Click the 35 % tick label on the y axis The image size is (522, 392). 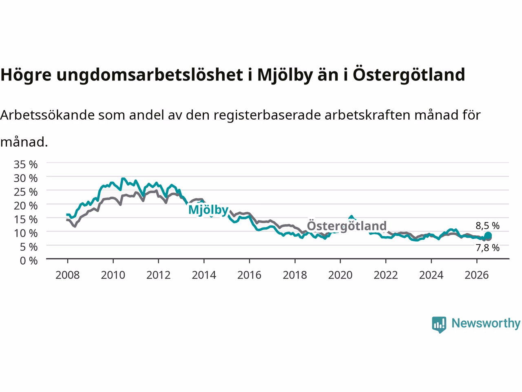point(26,165)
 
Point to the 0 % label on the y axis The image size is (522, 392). point(29,261)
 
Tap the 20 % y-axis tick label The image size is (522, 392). point(26,206)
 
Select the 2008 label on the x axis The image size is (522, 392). point(68,275)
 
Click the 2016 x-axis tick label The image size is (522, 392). point(249,275)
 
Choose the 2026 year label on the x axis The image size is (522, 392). point(477,275)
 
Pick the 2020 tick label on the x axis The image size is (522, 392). point(340,275)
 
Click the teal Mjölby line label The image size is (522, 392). point(208,210)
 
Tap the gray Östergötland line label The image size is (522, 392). point(347,226)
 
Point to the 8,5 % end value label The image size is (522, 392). point(487,226)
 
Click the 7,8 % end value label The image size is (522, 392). point(487,248)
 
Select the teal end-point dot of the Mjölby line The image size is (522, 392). point(488,235)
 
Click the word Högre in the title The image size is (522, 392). point(26,75)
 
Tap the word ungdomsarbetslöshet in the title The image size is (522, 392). point(150,75)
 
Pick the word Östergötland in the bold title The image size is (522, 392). point(409,74)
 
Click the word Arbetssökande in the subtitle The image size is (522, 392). point(47,115)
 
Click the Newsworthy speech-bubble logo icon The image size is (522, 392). point(439,325)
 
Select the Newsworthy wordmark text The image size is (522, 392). point(486,323)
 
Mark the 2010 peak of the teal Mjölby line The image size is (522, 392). point(123,178)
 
